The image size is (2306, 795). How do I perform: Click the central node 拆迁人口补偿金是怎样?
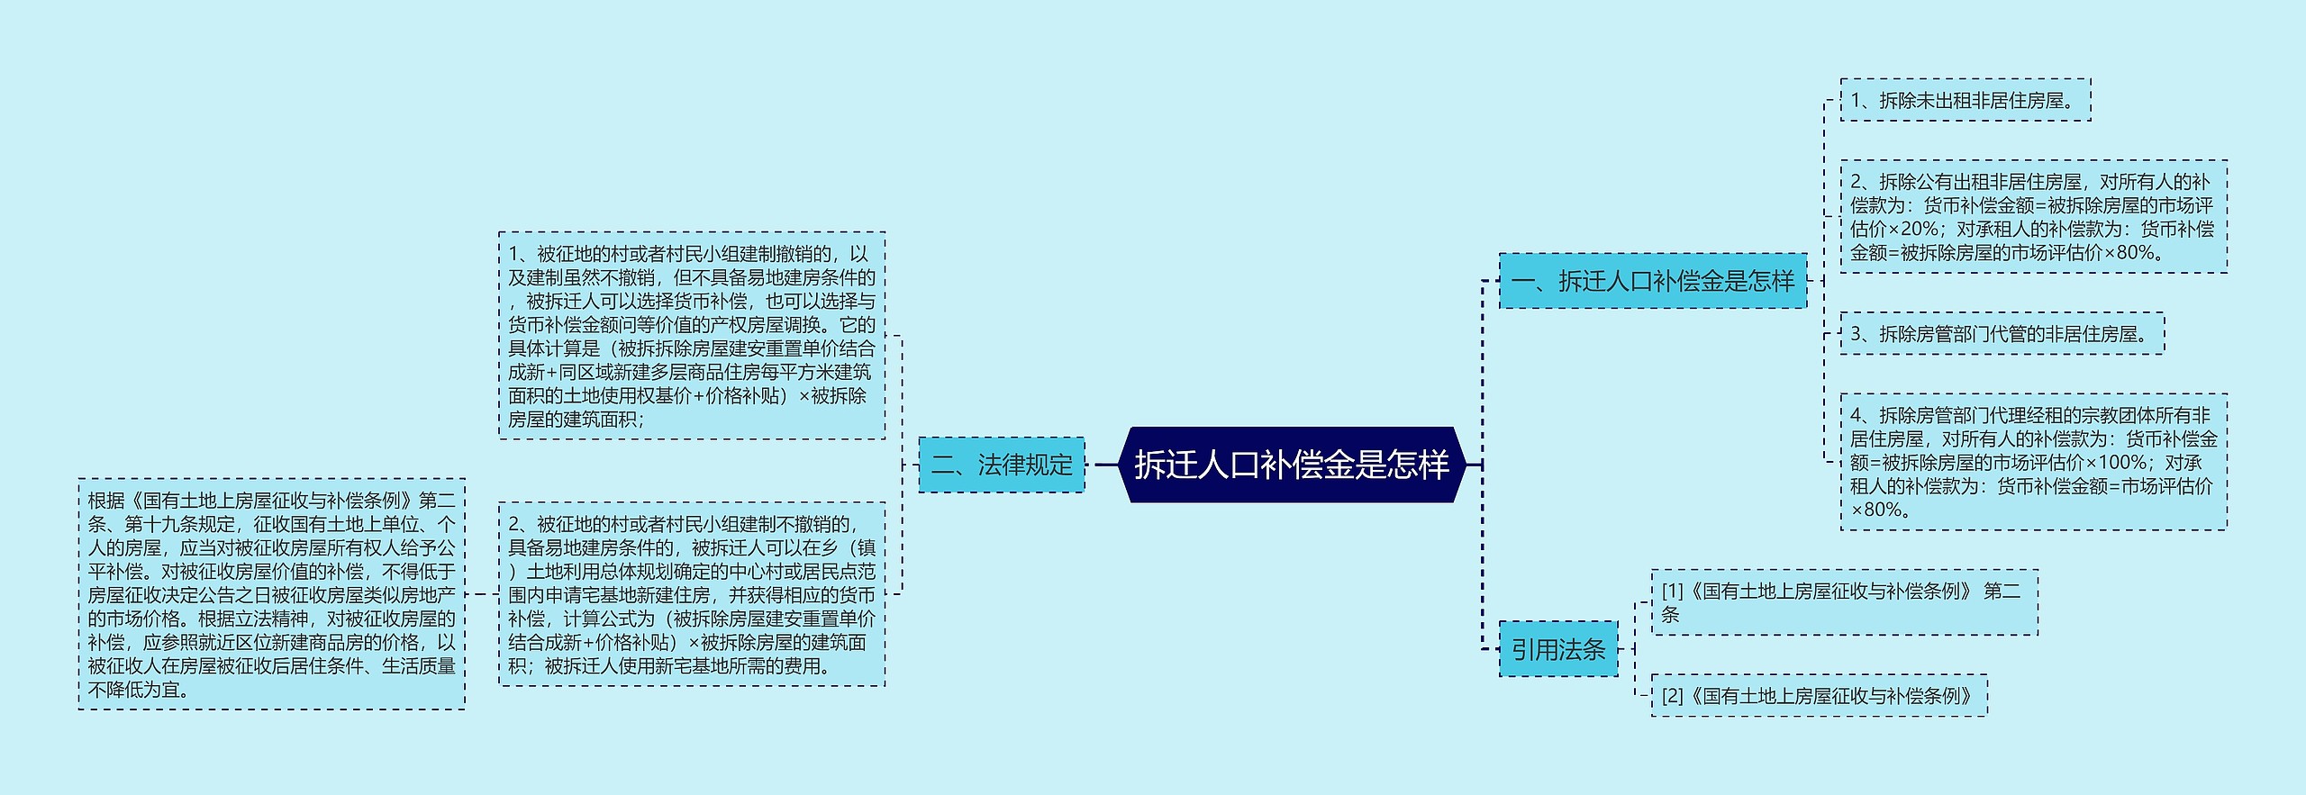[x=1292, y=465]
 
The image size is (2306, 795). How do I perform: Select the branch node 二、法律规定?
[x=1001, y=465]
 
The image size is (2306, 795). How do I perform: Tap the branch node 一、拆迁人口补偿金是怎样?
[x=1652, y=281]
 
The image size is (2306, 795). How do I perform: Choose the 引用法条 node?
[x=1557, y=649]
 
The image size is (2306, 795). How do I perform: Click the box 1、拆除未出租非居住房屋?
[x=1965, y=100]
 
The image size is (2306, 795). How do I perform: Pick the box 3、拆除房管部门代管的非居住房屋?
[x=2001, y=334]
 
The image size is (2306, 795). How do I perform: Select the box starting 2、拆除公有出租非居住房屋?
[x=2033, y=217]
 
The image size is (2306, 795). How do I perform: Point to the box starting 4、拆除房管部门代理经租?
[x=2033, y=462]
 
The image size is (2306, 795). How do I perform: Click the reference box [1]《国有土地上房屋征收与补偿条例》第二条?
[x=1843, y=602]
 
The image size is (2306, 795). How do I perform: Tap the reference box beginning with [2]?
[x=1819, y=696]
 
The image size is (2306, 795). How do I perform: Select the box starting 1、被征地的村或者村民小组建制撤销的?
[x=692, y=336]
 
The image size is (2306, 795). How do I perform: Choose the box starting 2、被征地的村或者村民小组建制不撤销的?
[x=692, y=594]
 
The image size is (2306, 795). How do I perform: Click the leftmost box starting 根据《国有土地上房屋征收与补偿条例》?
[x=271, y=594]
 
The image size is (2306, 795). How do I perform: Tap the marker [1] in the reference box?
[x=1673, y=592]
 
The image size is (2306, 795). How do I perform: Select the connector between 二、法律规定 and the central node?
[x=1105, y=465]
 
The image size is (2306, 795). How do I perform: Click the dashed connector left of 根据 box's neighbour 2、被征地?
[x=481, y=594]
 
